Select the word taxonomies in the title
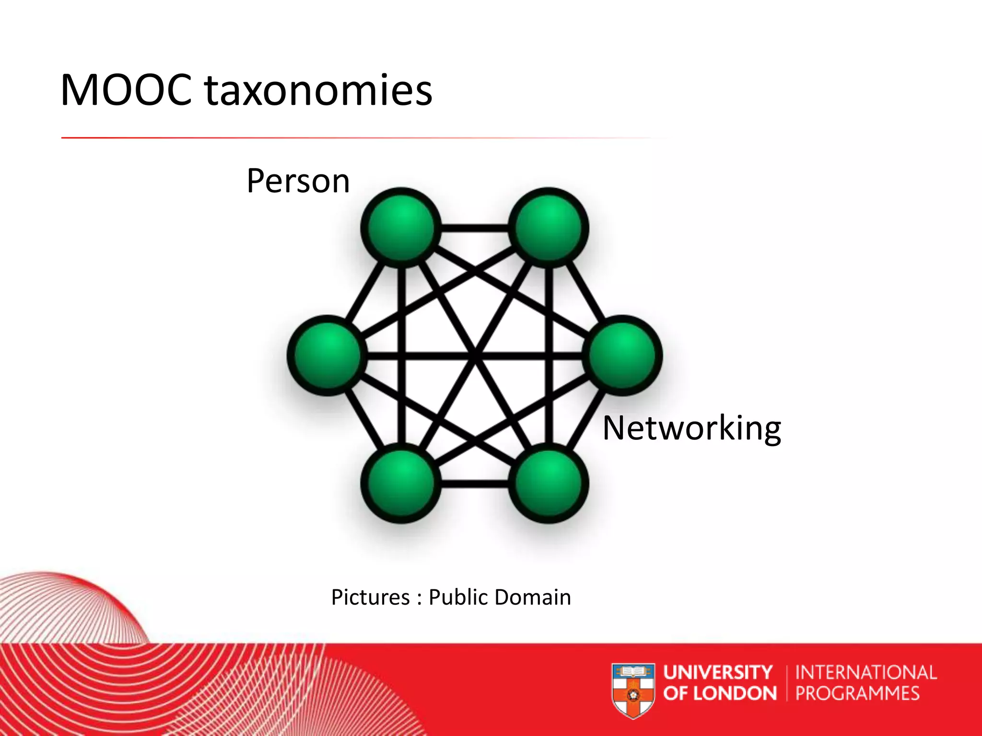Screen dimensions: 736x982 (x=319, y=91)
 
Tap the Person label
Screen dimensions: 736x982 (x=298, y=181)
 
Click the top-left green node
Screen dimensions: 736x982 (x=401, y=227)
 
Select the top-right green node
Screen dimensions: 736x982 (x=549, y=227)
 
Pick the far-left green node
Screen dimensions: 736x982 (x=327, y=355)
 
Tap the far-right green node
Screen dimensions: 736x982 (x=622, y=355)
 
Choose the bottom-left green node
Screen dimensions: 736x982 (x=401, y=483)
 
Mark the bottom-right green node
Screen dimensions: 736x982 (x=549, y=483)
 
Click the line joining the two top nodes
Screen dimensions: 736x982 (x=475, y=228)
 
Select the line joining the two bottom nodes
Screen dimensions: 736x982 (x=475, y=483)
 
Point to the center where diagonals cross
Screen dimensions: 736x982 (x=475, y=355)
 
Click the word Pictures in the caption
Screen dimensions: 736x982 (x=370, y=598)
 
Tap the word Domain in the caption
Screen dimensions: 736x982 (x=532, y=598)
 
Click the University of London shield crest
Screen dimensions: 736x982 (x=633, y=690)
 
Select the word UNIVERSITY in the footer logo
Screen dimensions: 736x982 (x=718, y=672)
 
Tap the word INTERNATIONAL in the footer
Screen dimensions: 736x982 (x=865, y=672)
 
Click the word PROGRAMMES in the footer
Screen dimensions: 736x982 (x=857, y=693)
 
